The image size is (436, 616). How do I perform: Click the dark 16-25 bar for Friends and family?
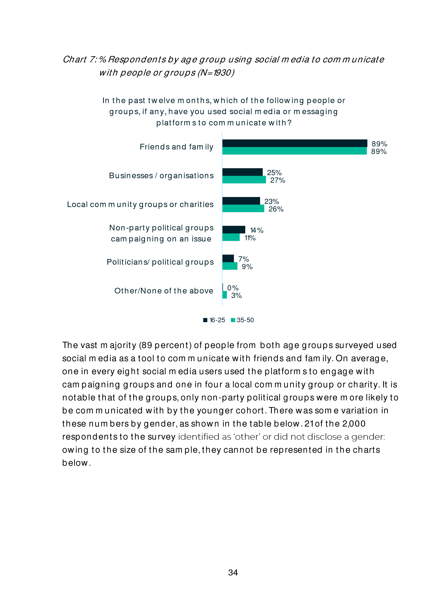[x=295, y=143]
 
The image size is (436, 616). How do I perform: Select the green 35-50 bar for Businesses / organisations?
[x=244, y=180]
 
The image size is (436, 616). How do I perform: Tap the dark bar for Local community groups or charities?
[x=241, y=201]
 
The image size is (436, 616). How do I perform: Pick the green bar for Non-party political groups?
[x=231, y=237]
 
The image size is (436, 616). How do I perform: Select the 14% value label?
[x=257, y=230]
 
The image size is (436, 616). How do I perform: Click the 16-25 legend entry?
[x=214, y=320]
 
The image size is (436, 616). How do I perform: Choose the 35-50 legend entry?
[x=243, y=320]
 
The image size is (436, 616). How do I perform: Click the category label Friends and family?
[x=176, y=147]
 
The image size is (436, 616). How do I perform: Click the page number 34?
[x=233, y=572]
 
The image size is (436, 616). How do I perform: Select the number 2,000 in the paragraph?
[x=354, y=424]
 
